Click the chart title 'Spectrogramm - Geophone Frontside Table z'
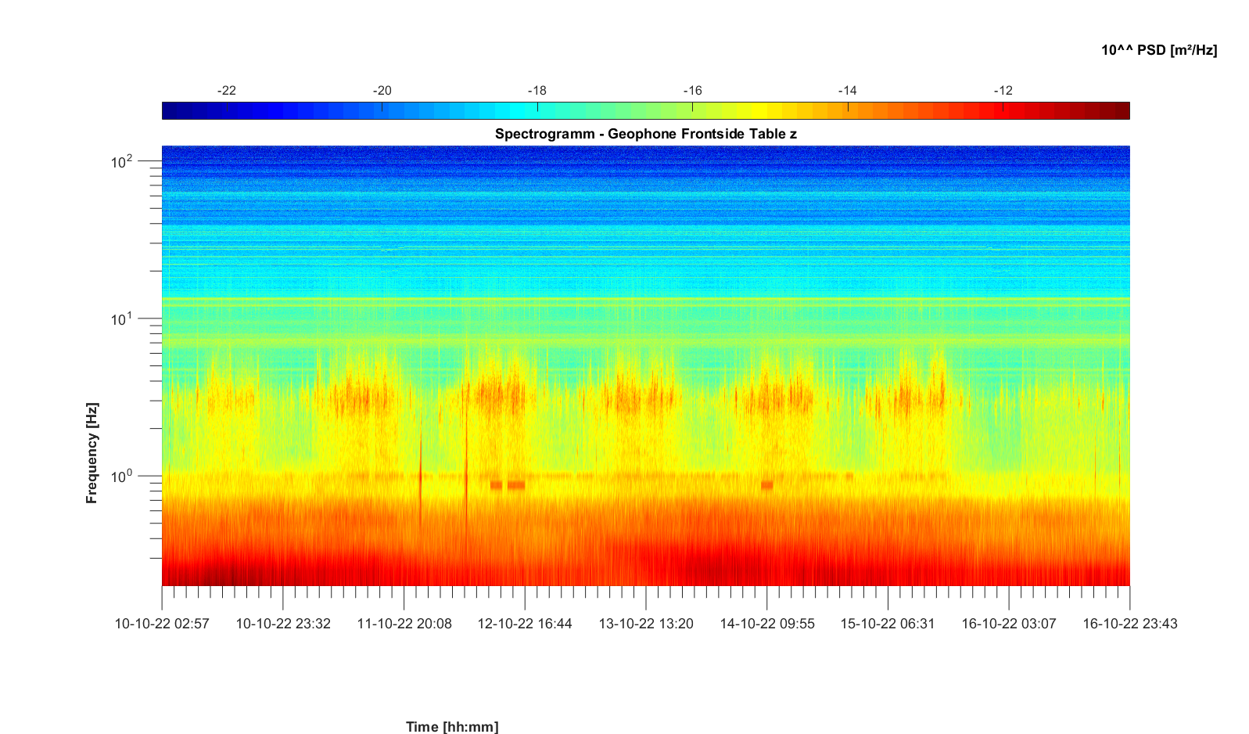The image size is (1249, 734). point(646,134)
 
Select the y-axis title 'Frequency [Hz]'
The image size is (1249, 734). point(92,453)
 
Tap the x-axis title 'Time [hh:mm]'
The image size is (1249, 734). point(452,726)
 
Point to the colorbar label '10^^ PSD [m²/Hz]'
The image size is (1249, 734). point(1159,50)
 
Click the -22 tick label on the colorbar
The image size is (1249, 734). point(226,90)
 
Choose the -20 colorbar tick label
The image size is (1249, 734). point(382,90)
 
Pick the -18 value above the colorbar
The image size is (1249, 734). point(537,90)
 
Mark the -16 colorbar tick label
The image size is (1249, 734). point(692,90)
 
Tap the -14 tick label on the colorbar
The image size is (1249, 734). point(847,90)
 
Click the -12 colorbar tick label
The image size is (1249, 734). point(1003,90)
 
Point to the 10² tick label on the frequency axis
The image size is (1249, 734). point(121,162)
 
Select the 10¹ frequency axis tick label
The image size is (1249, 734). point(121,319)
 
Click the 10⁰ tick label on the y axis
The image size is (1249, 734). point(121,477)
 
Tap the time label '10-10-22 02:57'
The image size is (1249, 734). point(162,624)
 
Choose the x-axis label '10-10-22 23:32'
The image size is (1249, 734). point(283,624)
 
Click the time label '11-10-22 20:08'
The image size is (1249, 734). point(404,624)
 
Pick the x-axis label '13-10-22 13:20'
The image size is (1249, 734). point(646,624)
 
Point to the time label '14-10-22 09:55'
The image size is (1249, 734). point(767,624)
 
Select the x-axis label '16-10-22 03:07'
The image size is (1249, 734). point(1009,624)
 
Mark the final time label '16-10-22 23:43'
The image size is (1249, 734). point(1130,624)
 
